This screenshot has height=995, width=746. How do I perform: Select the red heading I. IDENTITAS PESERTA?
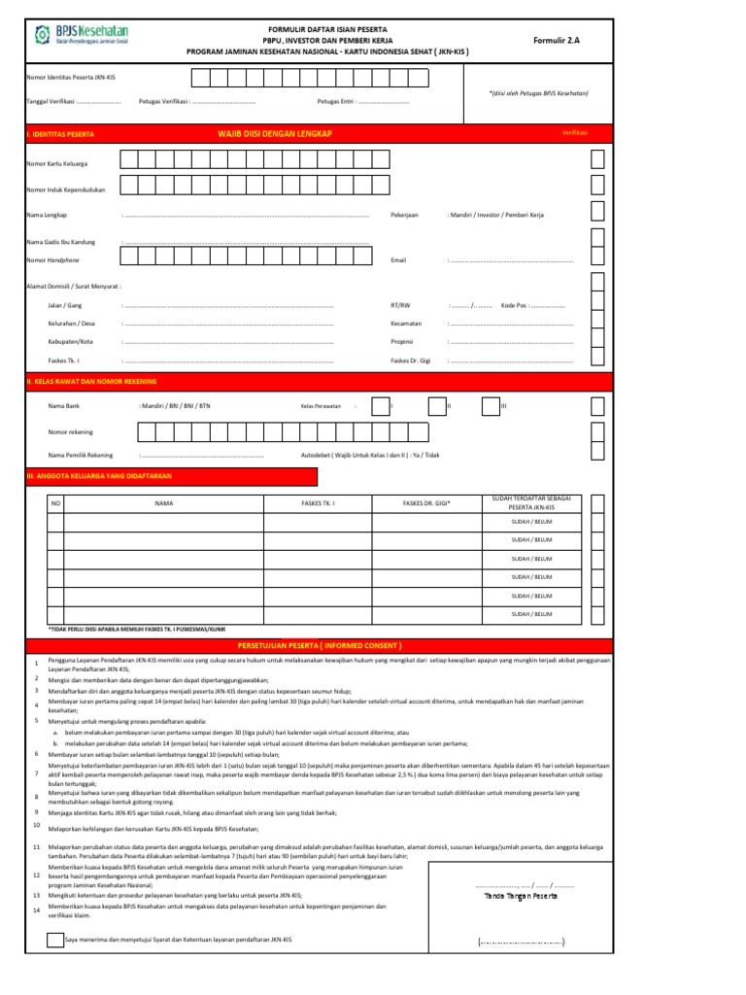click(x=60, y=132)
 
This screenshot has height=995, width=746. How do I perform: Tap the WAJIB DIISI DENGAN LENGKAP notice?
click(x=275, y=131)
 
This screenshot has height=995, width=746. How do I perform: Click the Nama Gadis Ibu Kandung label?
click(x=60, y=241)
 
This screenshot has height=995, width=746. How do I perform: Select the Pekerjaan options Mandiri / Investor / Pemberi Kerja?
click(x=495, y=214)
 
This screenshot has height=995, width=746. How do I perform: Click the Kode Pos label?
click(x=515, y=306)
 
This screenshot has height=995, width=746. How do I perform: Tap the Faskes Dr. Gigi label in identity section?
click(x=412, y=360)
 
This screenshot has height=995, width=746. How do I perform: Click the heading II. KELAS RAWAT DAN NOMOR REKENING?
click(x=91, y=382)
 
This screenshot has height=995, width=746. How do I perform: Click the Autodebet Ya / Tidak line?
click(x=370, y=455)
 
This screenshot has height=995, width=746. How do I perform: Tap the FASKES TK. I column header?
click(x=318, y=503)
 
